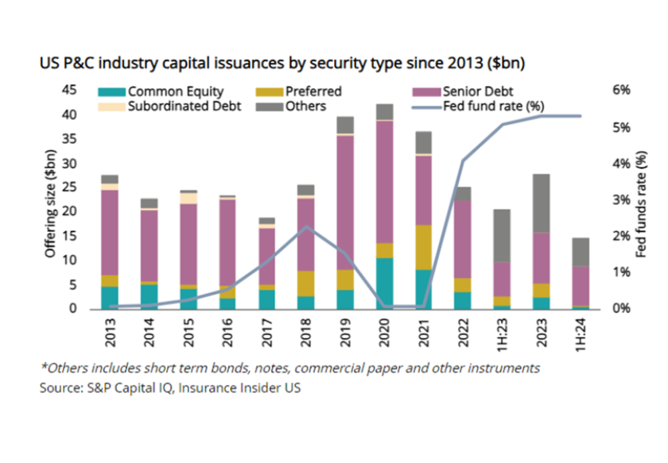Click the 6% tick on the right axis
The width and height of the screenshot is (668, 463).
coord(620,91)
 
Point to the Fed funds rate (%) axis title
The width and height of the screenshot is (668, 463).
coord(641,199)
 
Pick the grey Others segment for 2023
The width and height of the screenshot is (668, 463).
coord(541,203)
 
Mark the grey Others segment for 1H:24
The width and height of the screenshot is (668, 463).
coord(581,252)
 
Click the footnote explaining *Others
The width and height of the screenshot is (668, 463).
coord(290,368)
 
